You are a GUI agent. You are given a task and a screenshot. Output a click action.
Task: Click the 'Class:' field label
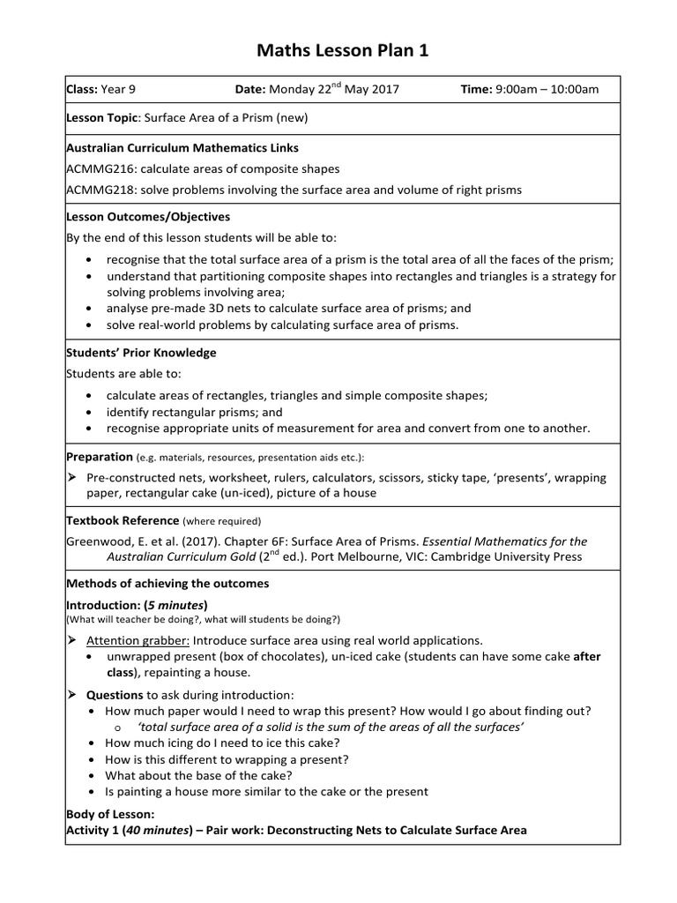tap(83, 89)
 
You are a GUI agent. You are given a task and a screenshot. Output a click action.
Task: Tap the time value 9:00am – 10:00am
tap(547, 89)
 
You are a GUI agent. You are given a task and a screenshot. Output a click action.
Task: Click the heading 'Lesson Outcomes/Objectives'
tap(148, 217)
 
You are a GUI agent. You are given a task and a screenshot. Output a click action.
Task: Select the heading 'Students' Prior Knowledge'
tap(141, 353)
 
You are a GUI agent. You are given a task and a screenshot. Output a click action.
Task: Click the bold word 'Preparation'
tap(100, 457)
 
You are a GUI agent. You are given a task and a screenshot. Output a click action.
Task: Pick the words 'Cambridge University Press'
tap(503, 557)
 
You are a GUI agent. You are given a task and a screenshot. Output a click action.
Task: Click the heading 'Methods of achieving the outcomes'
tap(167, 584)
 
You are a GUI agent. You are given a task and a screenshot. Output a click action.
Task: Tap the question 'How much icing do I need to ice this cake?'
tap(222, 743)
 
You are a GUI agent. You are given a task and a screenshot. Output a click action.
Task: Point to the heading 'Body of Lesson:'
tap(111, 814)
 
